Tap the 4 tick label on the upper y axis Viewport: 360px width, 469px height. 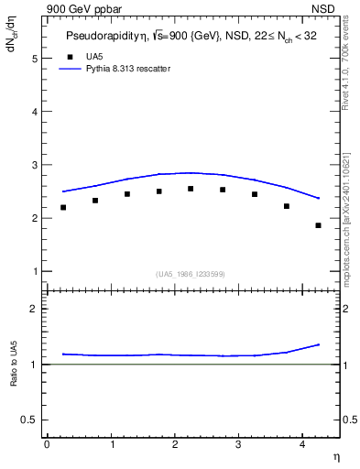37,112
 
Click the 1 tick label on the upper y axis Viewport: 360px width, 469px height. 37,272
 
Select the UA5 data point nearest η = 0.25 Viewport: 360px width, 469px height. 63,207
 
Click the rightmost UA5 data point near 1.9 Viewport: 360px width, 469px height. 318,225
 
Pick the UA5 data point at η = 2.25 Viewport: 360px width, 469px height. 191,189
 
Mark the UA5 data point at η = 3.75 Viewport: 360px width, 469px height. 287,206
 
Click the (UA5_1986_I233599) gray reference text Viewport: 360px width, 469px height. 191,274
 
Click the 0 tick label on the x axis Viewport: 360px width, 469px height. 47,444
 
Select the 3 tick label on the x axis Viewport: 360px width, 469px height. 238,444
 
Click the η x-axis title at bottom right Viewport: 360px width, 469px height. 334,456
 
